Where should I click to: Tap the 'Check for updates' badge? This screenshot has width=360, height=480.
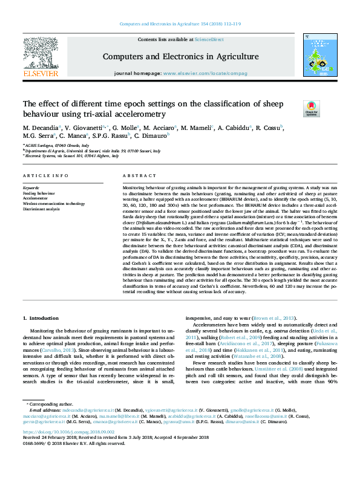point(311,108)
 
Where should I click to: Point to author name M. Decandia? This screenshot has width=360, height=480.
point(41,128)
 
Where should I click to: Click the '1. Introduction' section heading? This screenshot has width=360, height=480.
point(41,318)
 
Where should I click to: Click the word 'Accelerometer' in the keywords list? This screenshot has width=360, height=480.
point(35,198)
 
